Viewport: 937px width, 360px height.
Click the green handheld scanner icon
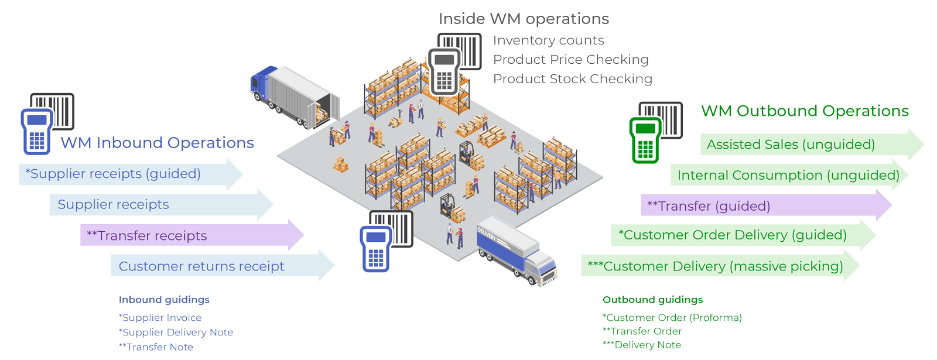click(644, 139)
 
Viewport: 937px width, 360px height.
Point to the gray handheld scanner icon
click(444, 71)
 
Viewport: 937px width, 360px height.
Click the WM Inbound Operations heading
click(157, 143)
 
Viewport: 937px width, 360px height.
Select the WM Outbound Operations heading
click(805, 111)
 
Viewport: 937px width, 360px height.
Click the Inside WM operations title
click(524, 19)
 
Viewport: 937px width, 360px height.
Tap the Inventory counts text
click(549, 40)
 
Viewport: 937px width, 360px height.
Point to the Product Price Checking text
click(571, 60)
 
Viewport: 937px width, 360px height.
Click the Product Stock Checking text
click(572, 79)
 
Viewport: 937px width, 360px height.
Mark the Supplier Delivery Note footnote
click(176, 332)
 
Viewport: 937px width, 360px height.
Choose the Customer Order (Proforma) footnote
click(672, 318)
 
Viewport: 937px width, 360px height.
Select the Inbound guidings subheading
click(164, 300)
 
